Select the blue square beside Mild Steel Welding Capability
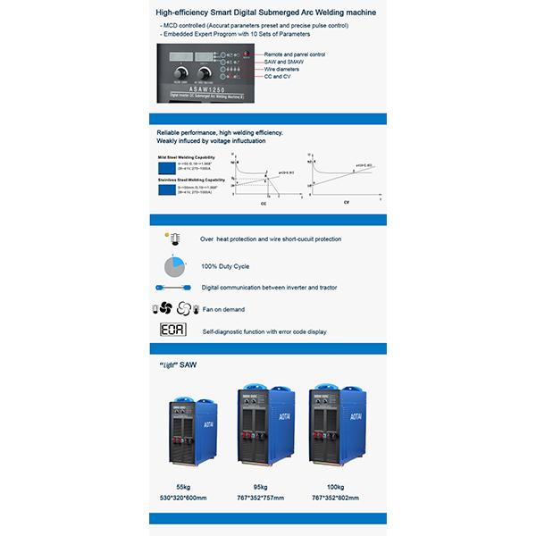coord(166,167)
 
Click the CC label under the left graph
coord(263,204)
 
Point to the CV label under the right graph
coord(346,203)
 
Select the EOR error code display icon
coord(170,331)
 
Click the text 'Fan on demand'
coord(223,309)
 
